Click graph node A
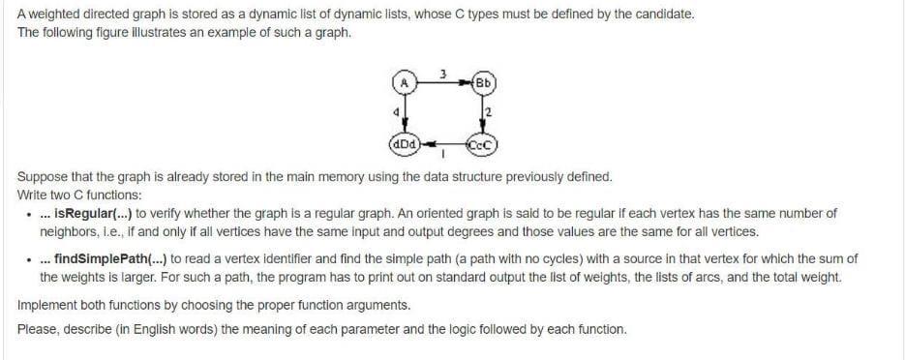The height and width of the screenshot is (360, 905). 406,82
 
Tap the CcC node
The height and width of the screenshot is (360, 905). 481,146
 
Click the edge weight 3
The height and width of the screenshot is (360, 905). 442,73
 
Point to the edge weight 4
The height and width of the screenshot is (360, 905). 396,113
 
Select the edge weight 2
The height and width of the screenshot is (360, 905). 489,113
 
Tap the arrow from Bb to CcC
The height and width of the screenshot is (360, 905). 481,114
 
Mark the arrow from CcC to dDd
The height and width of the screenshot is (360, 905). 441,146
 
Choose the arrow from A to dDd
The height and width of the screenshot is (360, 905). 405,114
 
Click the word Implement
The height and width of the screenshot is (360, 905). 46,305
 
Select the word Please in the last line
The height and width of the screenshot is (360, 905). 37,329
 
